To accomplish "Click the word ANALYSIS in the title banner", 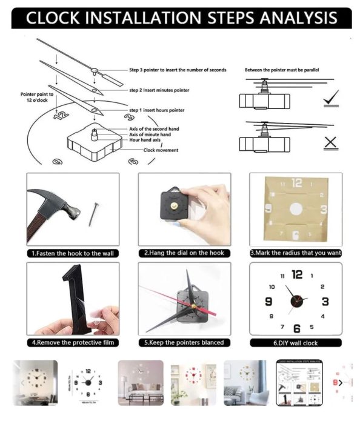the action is click(298, 18).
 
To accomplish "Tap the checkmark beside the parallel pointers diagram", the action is click(331, 98).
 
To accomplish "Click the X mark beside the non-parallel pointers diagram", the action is click(330, 142).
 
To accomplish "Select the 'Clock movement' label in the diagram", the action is click(161, 150).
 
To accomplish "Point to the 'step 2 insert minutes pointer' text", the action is click(159, 90).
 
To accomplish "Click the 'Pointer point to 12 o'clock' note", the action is click(37, 97).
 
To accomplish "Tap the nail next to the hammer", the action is click(93, 214).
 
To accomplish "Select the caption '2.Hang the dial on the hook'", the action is click(184, 253).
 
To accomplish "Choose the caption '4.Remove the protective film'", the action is click(73, 342).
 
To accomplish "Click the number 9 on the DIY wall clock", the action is click(268, 301).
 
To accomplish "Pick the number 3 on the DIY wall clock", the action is click(325, 302).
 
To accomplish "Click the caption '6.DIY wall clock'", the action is click(295, 343).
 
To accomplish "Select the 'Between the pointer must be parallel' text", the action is click(282, 70).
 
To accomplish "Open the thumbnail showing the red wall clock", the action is click(193, 383).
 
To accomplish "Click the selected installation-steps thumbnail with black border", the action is click(299, 383).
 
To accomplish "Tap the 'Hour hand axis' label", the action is click(145, 140).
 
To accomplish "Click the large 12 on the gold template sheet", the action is click(297, 183).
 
